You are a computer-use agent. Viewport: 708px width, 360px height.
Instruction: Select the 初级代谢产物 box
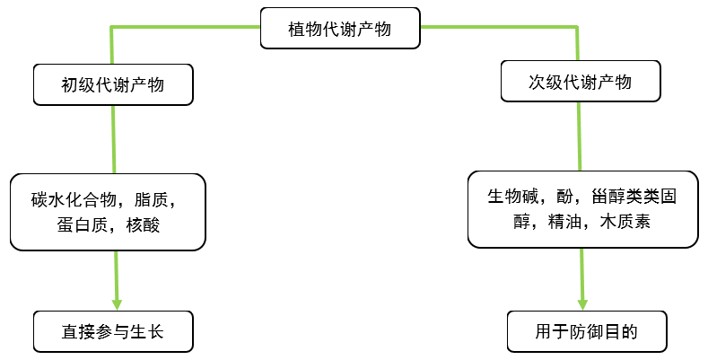(113, 85)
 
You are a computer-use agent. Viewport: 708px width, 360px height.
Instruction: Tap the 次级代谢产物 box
(580, 83)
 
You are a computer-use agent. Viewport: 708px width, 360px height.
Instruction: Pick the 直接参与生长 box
(113, 332)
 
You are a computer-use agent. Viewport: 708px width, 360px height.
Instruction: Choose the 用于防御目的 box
(586, 332)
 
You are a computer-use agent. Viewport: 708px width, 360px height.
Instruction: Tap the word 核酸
(144, 224)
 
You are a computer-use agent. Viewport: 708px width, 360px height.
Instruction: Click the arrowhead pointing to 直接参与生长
(117, 302)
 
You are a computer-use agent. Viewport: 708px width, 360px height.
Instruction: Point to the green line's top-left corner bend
(112, 29)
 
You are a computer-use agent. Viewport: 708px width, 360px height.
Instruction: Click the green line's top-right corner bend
(578, 29)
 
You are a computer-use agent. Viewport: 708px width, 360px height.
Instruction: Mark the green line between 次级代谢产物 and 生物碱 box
(579, 135)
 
